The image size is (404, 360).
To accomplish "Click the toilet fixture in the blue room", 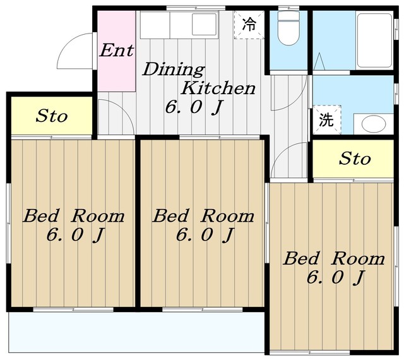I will [x=288, y=32].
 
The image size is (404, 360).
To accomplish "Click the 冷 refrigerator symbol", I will [x=249, y=25].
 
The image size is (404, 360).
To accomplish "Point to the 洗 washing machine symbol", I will [x=326, y=120].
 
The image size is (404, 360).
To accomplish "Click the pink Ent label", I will [x=117, y=51].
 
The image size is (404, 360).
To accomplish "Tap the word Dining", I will [x=173, y=69].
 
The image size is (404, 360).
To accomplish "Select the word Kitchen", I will [x=218, y=87].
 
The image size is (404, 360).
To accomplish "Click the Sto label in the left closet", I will [x=51, y=116].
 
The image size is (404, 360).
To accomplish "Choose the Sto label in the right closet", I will [x=354, y=159].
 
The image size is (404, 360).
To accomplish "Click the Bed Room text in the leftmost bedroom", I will [x=74, y=216].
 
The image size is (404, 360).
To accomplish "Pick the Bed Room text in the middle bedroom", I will [x=203, y=216].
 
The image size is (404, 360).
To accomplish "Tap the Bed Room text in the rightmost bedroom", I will [x=333, y=258].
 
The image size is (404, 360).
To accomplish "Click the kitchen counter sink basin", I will [x=203, y=25].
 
